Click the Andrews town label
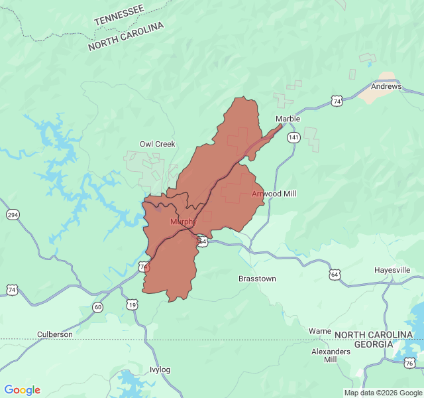point(386,86)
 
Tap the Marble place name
point(288,119)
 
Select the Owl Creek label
point(157,144)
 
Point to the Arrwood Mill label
point(274,194)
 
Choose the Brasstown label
point(257,279)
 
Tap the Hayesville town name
point(392,270)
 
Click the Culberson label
point(55,334)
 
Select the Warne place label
point(320,330)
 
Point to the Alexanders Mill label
point(331,355)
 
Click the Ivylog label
point(160,369)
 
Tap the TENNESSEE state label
point(119,15)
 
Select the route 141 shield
point(293,137)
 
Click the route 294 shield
point(13,215)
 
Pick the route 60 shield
point(98,306)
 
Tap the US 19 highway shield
point(132,304)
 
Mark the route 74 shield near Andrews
point(337,101)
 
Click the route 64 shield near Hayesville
point(335,274)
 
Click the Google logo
point(23,390)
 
